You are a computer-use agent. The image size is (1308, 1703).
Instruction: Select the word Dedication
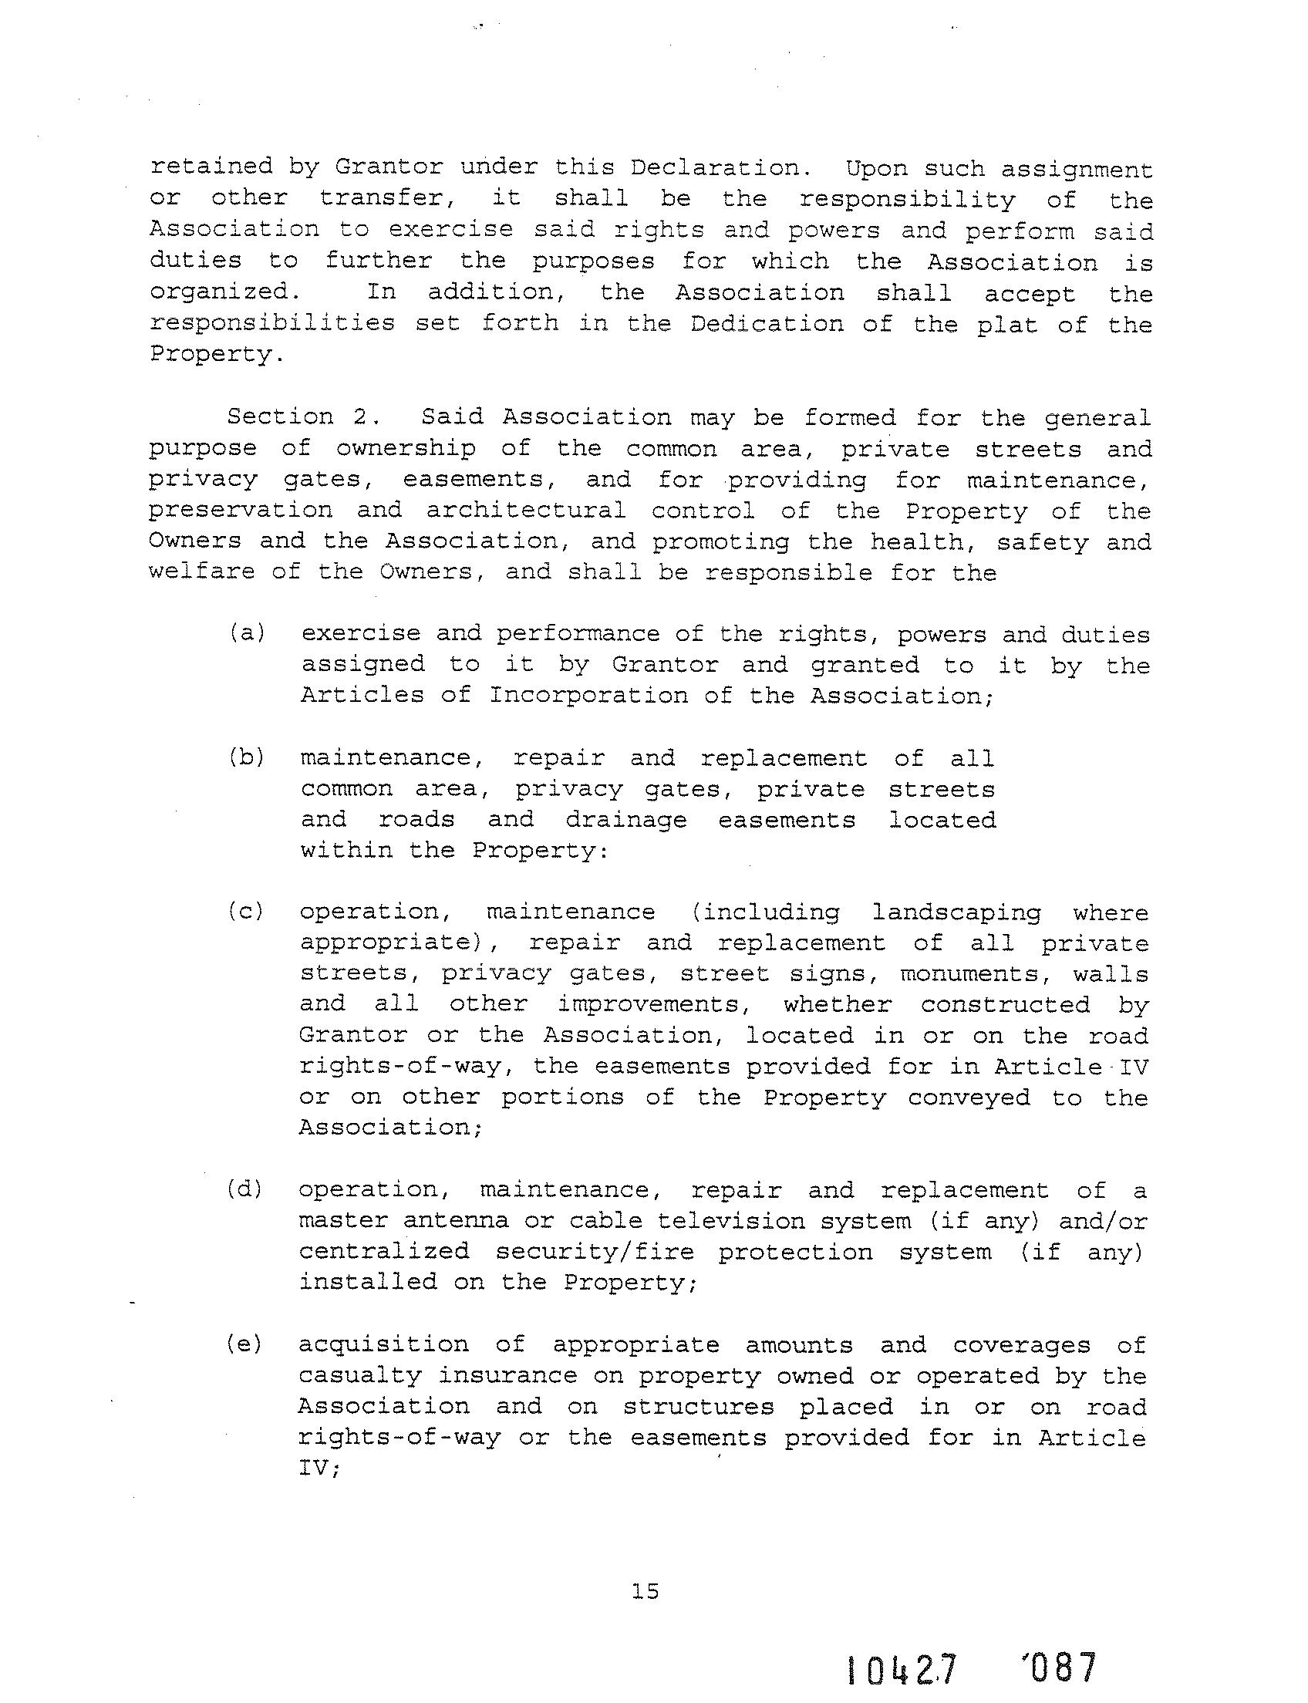click(x=767, y=323)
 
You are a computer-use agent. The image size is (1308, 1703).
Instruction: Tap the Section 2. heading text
click(x=304, y=416)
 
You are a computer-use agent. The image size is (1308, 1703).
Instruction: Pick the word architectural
click(x=525, y=511)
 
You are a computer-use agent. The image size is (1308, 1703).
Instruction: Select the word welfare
click(x=201, y=572)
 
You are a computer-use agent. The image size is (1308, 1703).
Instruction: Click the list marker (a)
click(x=248, y=633)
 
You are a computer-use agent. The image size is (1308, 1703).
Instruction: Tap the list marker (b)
click(x=248, y=757)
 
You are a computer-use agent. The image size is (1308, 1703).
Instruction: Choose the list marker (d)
click(x=246, y=1189)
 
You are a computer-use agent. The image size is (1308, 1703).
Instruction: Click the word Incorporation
click(x=588, y=696)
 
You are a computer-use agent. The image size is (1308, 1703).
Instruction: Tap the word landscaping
click(x=956, y=912)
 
